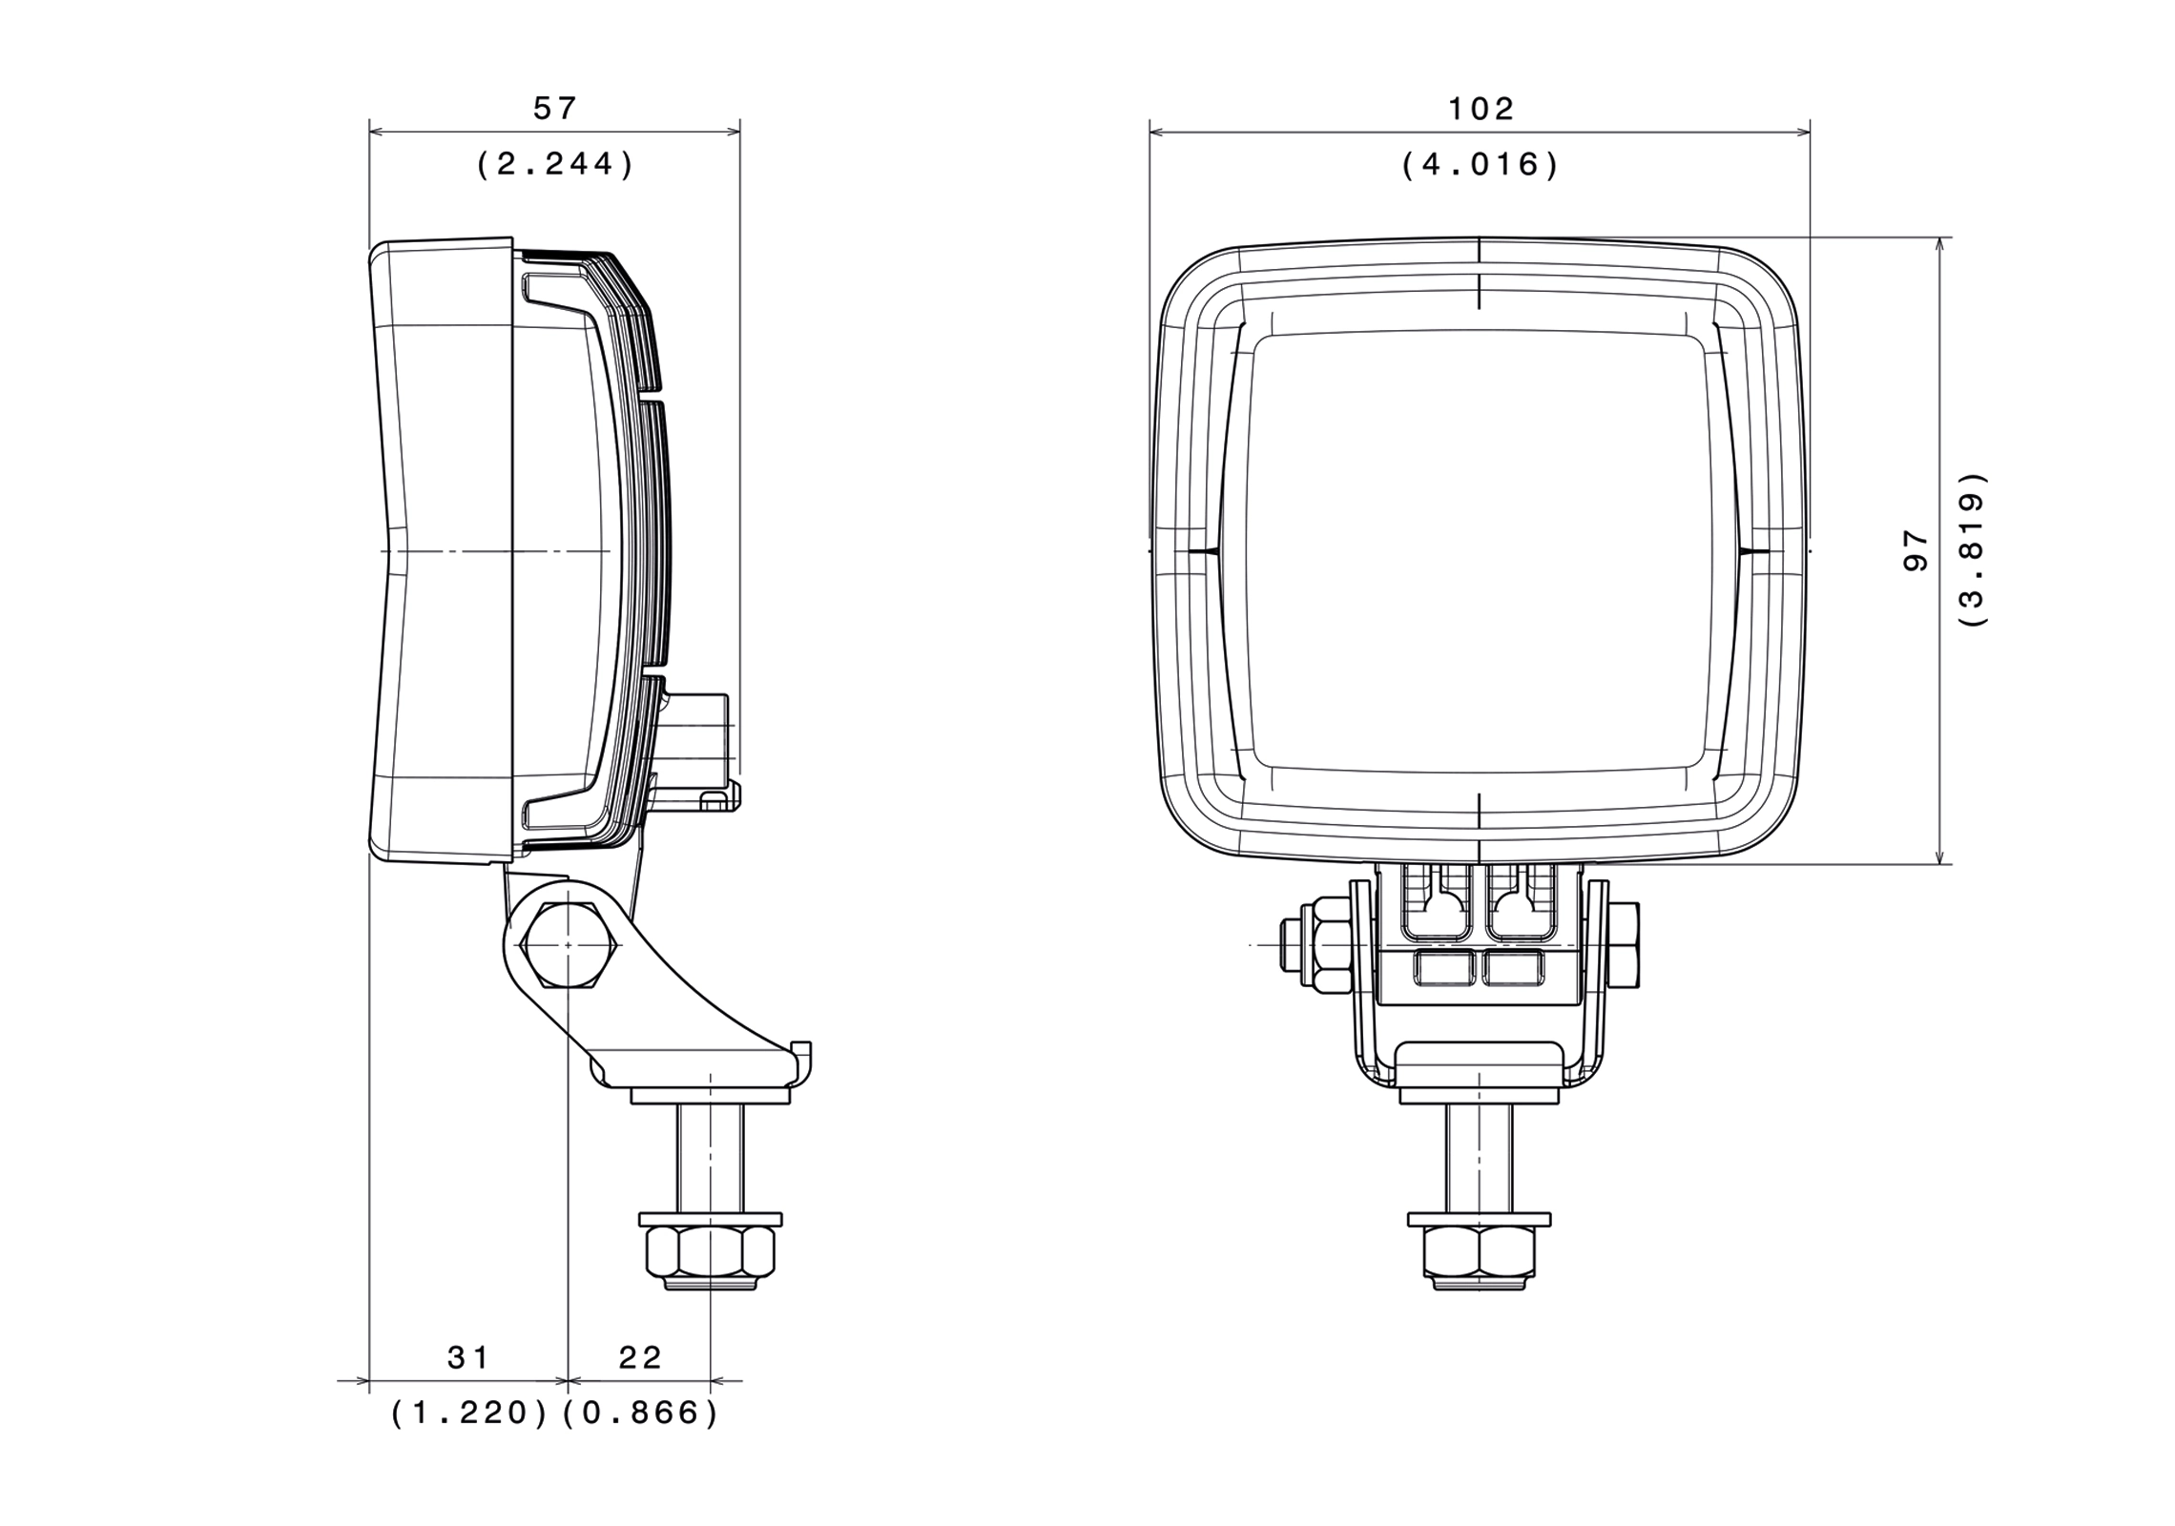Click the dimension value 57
554,109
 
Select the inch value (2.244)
554,165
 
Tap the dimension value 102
1481,109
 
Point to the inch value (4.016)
1481,165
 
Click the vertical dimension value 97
1916,551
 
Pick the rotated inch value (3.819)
1972,549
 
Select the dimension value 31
468,1357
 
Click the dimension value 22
640,1357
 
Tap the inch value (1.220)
469,1413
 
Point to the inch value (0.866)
640,1413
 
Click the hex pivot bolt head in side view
568,944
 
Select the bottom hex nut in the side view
710,1252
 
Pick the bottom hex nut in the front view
1479,1252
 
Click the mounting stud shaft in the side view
710,1158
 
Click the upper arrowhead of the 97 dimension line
1939,244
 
